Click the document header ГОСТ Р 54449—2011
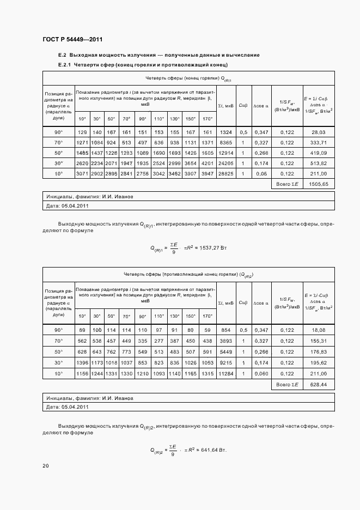coord(72,40)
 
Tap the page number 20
coord(46,466)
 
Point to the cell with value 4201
coord(208,162)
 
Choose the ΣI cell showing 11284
coord(225,373)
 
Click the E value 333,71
coord(319,142)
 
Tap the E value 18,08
coord(319,330)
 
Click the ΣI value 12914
coord(225,153)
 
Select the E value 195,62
coord(319,362)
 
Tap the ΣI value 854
coord(225,330)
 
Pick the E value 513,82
coord(319,162)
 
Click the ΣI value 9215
coord(225,362)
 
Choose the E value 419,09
coord(319,153)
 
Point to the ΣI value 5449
coord(225,351)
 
